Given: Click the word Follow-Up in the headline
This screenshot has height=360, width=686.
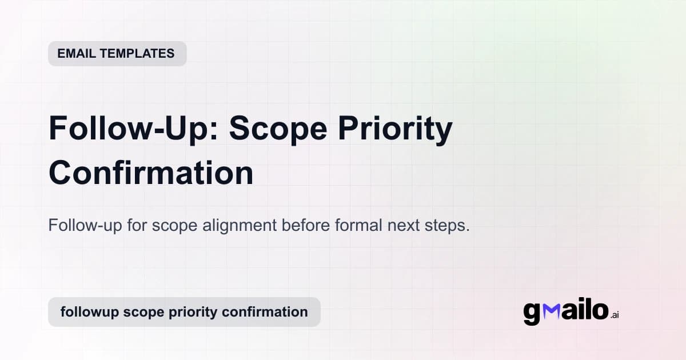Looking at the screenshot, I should [x=133, y=129].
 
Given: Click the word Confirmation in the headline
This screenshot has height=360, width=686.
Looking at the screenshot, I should [x=151, y=173].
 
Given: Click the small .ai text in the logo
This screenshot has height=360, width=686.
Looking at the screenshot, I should [x=615, y=315].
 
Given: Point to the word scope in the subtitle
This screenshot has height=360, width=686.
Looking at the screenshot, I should [x=174, y=226].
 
